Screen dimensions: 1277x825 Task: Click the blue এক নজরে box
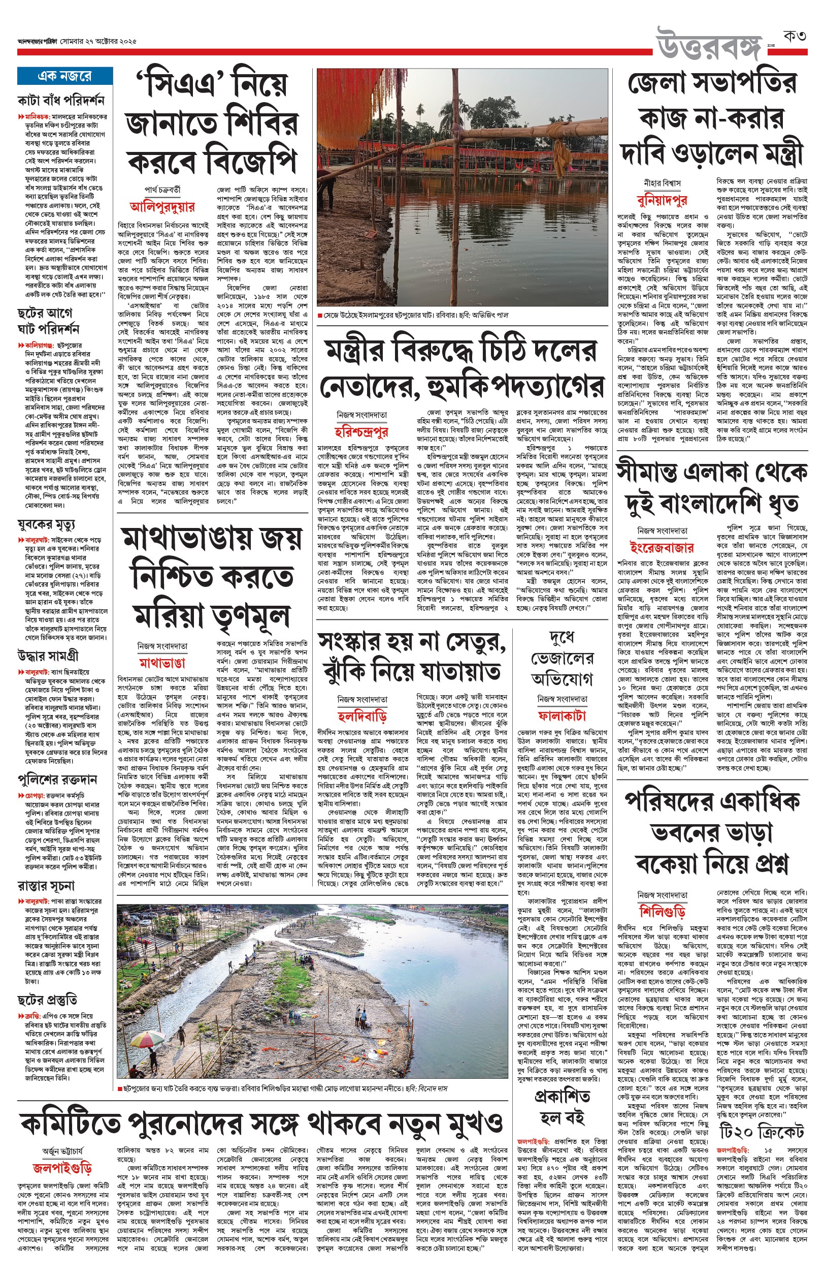coord(65,76)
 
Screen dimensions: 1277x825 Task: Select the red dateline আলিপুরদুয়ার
coord(162,207)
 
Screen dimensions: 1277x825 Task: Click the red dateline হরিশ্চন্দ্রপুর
coord(361,432)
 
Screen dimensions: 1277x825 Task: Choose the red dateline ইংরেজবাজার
coord(662,547)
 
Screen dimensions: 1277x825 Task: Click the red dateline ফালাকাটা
coord(562,715)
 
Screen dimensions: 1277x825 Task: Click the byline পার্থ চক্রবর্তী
coord(162,190)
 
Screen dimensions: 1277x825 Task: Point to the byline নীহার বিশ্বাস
coord(662,184)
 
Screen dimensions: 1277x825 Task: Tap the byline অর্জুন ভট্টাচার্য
coord(62,1151)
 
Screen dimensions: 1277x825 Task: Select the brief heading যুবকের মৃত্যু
coord(46,524)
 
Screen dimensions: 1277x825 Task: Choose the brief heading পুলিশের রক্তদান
coord(57,778)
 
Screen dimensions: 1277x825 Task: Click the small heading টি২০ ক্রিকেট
coord(761,1132)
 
